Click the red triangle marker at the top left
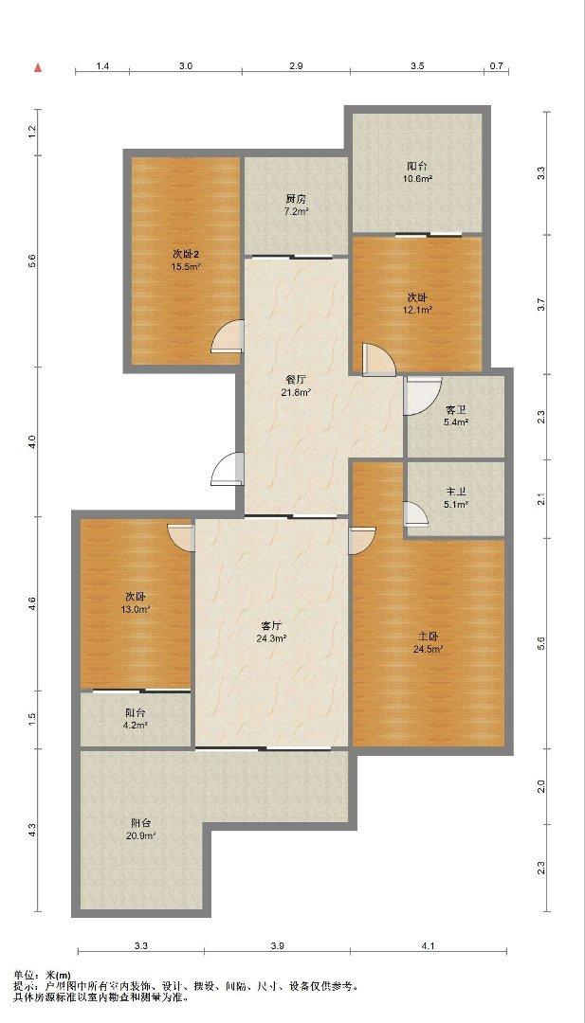coord(39,66)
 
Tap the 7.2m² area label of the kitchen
coord(297,211)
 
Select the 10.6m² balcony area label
coord(418,178)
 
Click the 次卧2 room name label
coord(186,255)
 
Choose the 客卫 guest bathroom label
coord(456,410)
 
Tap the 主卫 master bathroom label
coord(456,494)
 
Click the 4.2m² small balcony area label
coord(136,726)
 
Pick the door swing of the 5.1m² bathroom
coord(415,512)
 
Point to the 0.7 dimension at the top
coord(497,66)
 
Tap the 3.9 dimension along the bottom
coord(278,945)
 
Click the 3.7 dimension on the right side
coord(539,304)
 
